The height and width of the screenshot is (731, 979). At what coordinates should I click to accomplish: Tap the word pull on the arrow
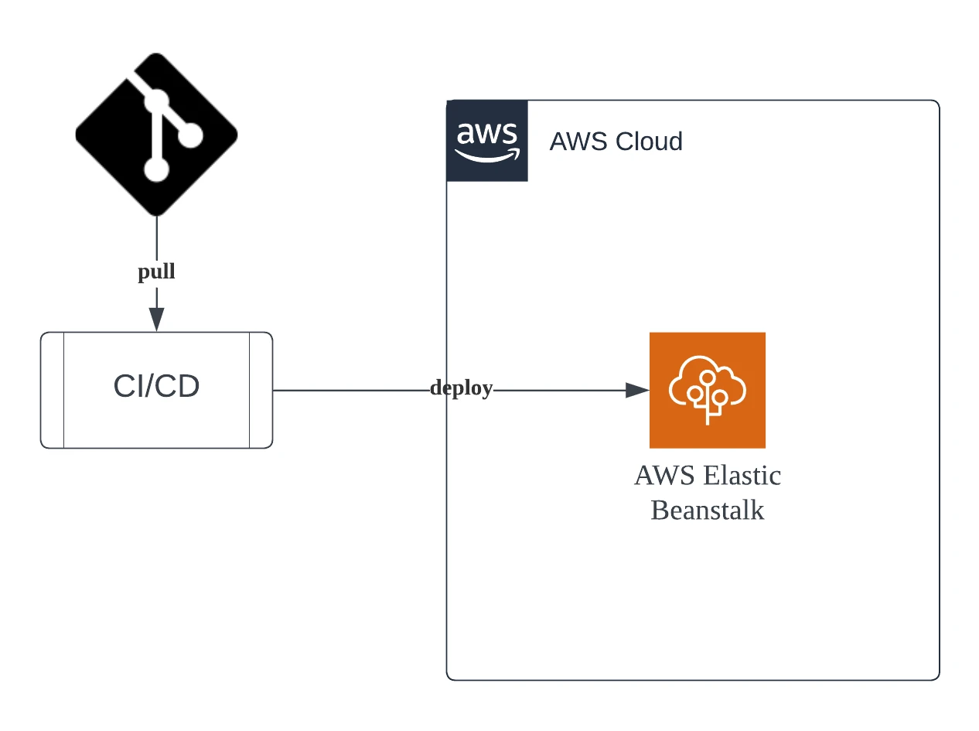click(156, 272)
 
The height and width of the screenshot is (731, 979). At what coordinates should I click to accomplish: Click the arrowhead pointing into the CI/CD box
click(156, 319)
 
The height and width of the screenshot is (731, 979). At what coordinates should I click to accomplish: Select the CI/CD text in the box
click(156, 387)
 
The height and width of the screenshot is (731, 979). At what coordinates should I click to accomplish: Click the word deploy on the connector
click(461, 388)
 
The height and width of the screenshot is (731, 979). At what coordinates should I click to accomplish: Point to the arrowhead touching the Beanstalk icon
click(636, 391)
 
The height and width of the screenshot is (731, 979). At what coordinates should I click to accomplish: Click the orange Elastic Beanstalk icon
click(707, 390)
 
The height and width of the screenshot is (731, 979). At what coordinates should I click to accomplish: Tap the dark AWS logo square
click(487, 141)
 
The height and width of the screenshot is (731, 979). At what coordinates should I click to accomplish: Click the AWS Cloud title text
click(616, 142)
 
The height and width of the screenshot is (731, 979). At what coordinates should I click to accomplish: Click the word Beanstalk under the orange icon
click(707, 511)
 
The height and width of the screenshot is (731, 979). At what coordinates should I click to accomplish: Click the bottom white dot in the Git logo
click(156, 169)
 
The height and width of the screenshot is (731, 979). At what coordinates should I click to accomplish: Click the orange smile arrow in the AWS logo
click(487, 155)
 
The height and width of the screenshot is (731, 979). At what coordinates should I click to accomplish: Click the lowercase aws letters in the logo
click(487, 134)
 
